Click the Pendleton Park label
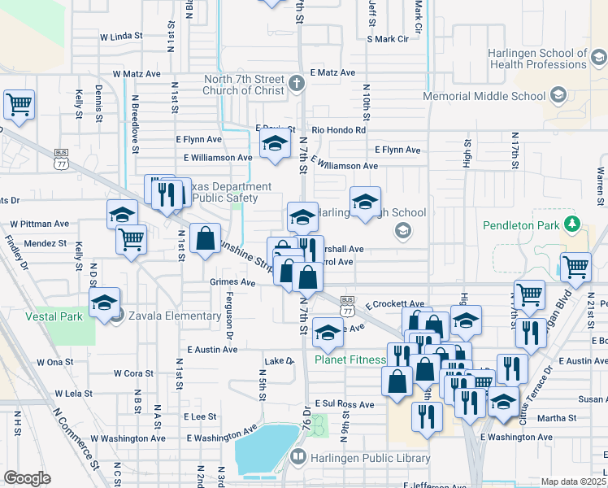(x=528, y=242)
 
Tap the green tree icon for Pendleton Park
(x=574, y=223)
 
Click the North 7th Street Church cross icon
(x=297, y=81)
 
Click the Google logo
(x=27, y=477)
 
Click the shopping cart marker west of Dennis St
(x=19, y=104)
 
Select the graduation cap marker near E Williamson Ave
(x=276, y=146)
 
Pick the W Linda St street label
(x=121, y=37)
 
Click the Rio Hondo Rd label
(x=339, y=129)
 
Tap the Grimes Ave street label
(x=232, y=283)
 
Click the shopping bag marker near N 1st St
(x=206, y=240)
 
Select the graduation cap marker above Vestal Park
(x=105, y=303)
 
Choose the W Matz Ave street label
(x=137, y=73)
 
